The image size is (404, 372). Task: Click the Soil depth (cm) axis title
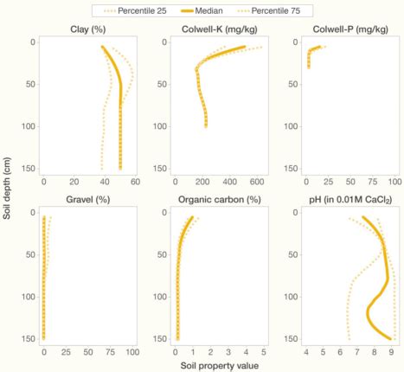point(7,185)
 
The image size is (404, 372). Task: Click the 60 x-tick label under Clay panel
point(106,183)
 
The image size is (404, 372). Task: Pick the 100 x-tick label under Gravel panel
point(131,352)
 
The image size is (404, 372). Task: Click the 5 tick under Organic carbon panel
point(263,352)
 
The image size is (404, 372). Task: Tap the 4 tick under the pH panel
point(306,352)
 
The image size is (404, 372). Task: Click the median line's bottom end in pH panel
point(391,338)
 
